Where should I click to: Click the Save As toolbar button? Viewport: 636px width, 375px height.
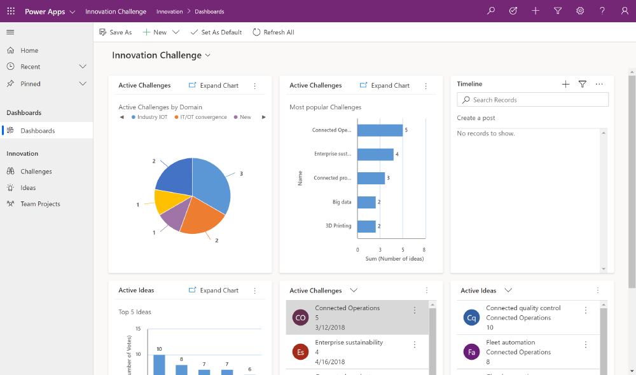pyautogui.click(x=116, y=32)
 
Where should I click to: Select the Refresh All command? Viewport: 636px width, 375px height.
pyautogui.click(x=273, y=32)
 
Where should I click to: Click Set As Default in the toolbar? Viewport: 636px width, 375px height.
pyautogui.click(x=216, y=32)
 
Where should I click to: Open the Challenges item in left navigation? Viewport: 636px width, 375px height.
pyautogui.click(x=36, y=172)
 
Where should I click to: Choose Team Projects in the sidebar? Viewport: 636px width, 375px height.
pyautogui.click(x=40, y=204)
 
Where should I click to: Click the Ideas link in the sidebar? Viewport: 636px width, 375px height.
pyautogui.click(x=28, y=187)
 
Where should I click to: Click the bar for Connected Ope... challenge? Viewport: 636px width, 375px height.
pyautogui.click(x=380, y=130)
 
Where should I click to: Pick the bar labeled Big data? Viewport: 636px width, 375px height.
pyautogui.click(x=366, y=202)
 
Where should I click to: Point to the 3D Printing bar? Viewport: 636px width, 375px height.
pyautogui.click(x=366, y=226)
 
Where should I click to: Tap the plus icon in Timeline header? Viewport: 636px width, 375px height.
pyautogui.click(x=565, y=84)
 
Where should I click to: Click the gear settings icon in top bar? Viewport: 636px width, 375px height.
pyautogui.click(x=580, y=11)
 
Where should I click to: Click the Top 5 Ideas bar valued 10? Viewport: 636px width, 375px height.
pyautogui.click(x=159, y=365)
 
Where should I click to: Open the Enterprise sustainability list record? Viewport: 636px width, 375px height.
pyautogui.click(x=349, y=343)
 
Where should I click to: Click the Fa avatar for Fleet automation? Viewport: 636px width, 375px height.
pyautogui.click(x=471, y=351)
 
